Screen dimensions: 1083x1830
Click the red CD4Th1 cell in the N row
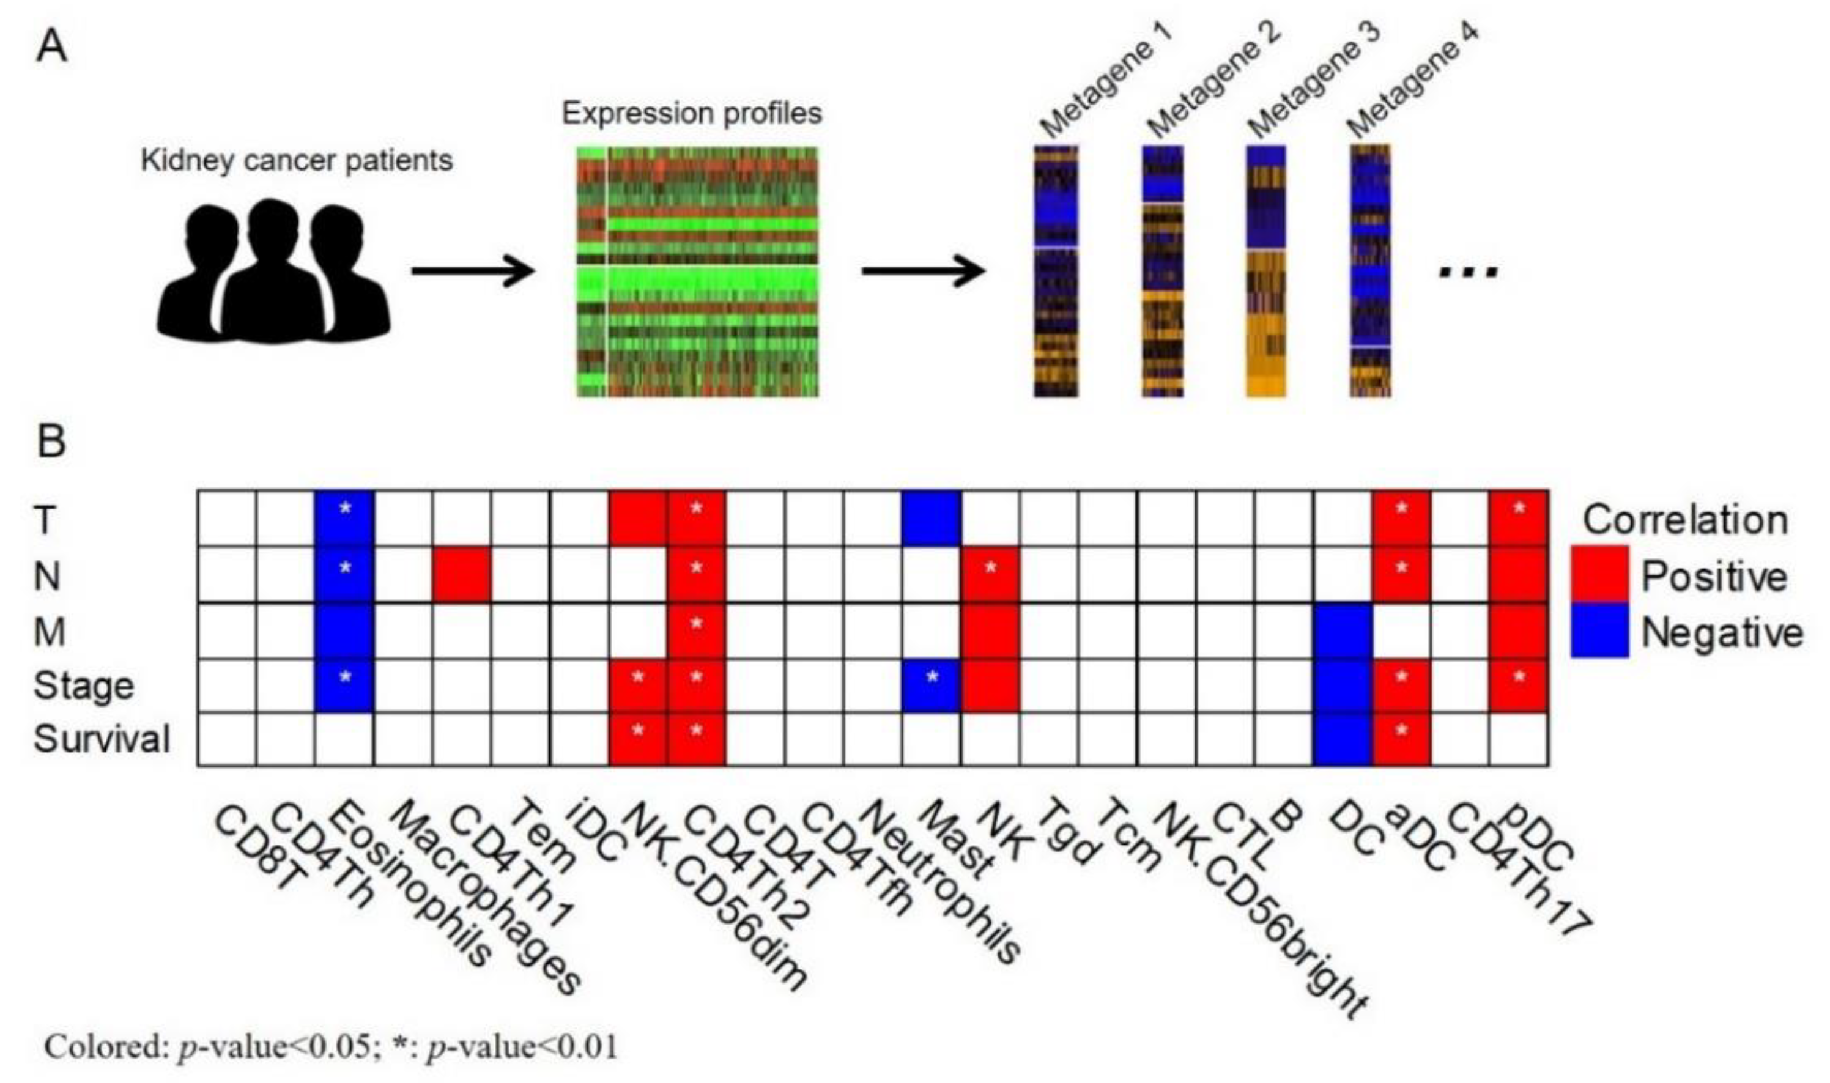point(461,574)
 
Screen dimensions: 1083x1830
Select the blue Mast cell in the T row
point(931,518)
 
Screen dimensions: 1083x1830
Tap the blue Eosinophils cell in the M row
point(344,631)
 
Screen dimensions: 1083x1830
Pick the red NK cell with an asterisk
point(990,574)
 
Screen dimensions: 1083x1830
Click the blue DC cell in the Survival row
point(1343,739)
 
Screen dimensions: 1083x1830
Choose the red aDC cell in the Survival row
point(1401,739)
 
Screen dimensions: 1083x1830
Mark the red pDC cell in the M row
point(1518,631)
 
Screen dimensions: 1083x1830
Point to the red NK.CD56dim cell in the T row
point(637,518)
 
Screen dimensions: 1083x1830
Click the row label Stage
point(84,686)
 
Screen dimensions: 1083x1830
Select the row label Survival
point(102,739)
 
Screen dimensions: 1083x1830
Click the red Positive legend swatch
point(1599,575)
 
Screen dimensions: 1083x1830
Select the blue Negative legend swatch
point(1599,630)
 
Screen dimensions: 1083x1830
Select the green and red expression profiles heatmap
point(697,272)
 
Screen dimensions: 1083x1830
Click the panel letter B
point(51,442)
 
